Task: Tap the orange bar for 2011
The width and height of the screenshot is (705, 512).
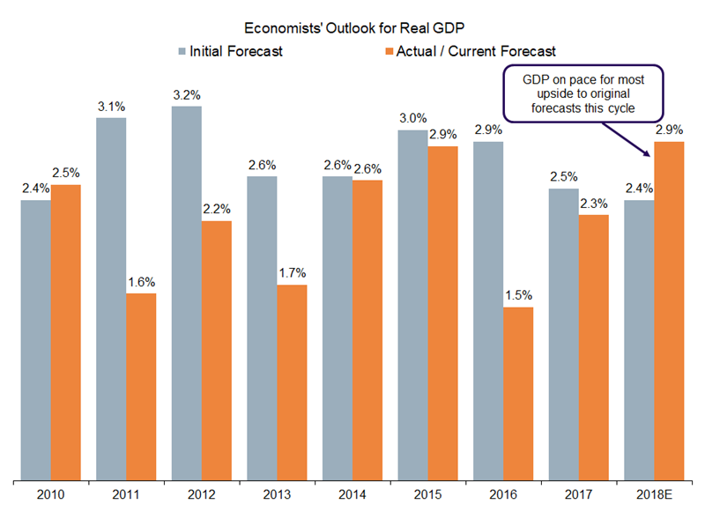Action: pos(141,387)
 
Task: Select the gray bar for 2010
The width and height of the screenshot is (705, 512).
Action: pos(35,340)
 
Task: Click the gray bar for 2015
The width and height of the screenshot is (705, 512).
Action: pos(412,305)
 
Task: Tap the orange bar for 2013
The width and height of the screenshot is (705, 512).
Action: pos(292,382)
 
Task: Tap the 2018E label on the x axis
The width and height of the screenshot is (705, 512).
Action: pos(654,493)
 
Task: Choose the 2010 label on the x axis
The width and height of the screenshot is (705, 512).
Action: pos(50,493)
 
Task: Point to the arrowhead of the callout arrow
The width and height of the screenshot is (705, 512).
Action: pos(649,154)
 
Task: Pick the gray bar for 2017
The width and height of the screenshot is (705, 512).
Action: pos(563,334)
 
